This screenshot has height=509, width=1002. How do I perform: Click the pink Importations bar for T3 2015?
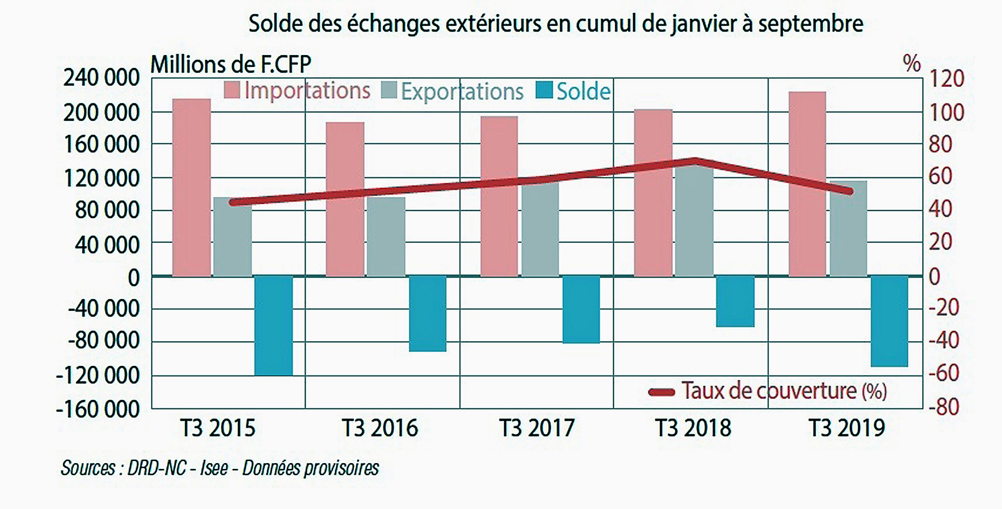pos(191,187)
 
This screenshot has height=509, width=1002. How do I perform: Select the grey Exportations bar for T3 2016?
pos(386,237)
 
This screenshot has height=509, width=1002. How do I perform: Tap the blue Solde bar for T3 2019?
pos(889,321)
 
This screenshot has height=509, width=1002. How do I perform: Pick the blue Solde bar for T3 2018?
pos(735,301)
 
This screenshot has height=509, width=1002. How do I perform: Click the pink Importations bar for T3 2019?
pos(807,184)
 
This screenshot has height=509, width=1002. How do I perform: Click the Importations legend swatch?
pos(232,90)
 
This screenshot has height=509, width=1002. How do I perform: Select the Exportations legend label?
pos(462,91)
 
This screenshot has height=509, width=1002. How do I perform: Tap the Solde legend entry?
pos(573,91)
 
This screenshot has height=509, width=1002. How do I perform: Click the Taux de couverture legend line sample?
pos(661,393)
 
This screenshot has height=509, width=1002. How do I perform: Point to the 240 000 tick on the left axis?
pos(101,78)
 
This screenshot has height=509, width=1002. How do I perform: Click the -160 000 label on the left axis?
pos(98,409)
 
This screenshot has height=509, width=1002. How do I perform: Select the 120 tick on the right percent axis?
pos(947,78)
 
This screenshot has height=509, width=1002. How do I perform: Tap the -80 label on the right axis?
pos(943,407)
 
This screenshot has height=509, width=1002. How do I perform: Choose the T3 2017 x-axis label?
pos(536,428)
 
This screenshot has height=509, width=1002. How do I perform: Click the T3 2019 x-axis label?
pos(847,428)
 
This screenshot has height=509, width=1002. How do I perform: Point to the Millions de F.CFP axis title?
pos(231,64)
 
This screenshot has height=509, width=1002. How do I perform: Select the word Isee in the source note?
pos(214,468)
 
